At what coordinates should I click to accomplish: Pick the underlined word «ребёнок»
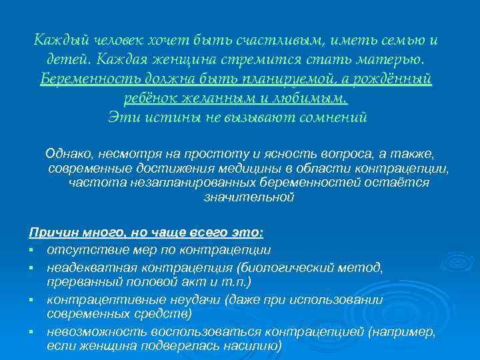153,99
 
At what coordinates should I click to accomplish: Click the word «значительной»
249,197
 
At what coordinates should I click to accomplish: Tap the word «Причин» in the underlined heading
49,233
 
